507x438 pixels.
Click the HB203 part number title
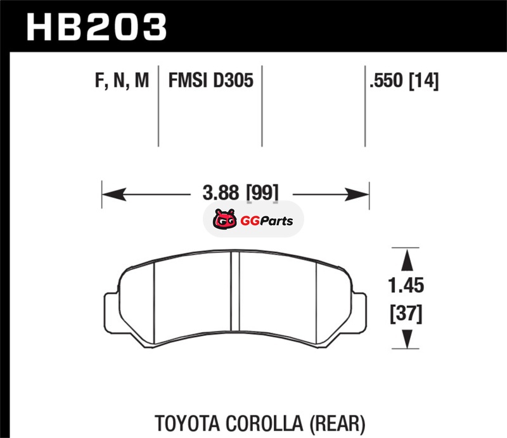click(x=96, y=27)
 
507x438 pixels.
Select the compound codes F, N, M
click(x=122, y=81)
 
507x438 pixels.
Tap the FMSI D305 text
click(x=211, y=81)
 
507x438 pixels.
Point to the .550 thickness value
click(x=387, y=81)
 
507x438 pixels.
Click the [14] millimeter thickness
click(x=424, y=81)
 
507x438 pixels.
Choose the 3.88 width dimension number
click(x=221, y=193)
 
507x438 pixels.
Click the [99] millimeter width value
click(x=262, y=193)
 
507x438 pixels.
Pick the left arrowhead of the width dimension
click(x=114, y=195)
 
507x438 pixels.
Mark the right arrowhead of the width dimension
click(x=357, y=195)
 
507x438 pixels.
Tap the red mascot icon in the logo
click(x=224, y=219)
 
